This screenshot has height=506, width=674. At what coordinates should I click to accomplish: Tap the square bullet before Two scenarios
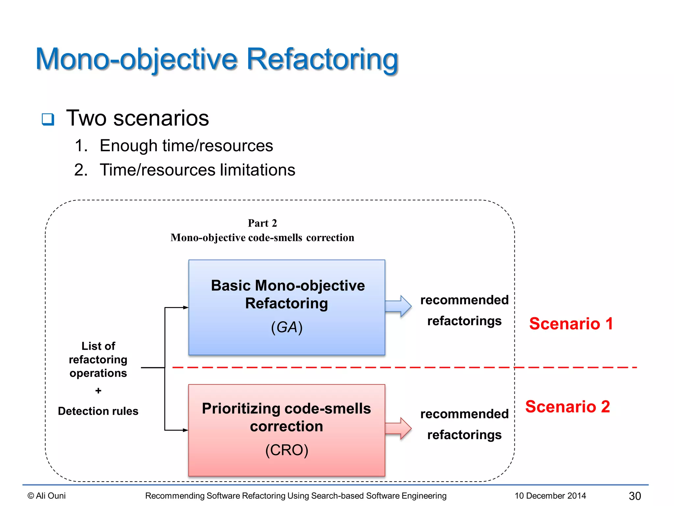(48, 119)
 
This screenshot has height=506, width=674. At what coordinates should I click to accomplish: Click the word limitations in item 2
(257, 170)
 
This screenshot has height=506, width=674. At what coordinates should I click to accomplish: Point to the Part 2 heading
(262, 223)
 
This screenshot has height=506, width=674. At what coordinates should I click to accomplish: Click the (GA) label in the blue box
(287, 327)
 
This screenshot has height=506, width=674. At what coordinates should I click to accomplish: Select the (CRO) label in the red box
(287, 450)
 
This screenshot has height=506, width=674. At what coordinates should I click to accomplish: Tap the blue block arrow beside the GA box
(398, 306)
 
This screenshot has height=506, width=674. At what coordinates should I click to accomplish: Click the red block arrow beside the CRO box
(398, 428)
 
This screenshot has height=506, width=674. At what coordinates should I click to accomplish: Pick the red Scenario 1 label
(571, 323)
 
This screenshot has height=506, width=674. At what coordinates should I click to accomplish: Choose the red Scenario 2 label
(567, 407)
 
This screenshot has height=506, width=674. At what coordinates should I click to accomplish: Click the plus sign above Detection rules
(98, 391)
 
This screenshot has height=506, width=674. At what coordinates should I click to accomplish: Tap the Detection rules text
(98, 411)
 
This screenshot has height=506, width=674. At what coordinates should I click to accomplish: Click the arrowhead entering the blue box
(186, 307)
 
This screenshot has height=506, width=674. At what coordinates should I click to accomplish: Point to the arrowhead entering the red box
(186, 430)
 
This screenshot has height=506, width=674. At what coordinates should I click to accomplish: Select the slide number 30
(635, 496)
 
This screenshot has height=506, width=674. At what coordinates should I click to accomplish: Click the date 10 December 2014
(550, 496)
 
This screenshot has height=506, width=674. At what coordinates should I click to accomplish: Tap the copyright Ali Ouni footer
(47, 496)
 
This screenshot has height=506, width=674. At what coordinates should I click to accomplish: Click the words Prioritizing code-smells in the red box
(286, 408)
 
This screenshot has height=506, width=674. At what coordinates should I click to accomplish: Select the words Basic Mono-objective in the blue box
(288, 286)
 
